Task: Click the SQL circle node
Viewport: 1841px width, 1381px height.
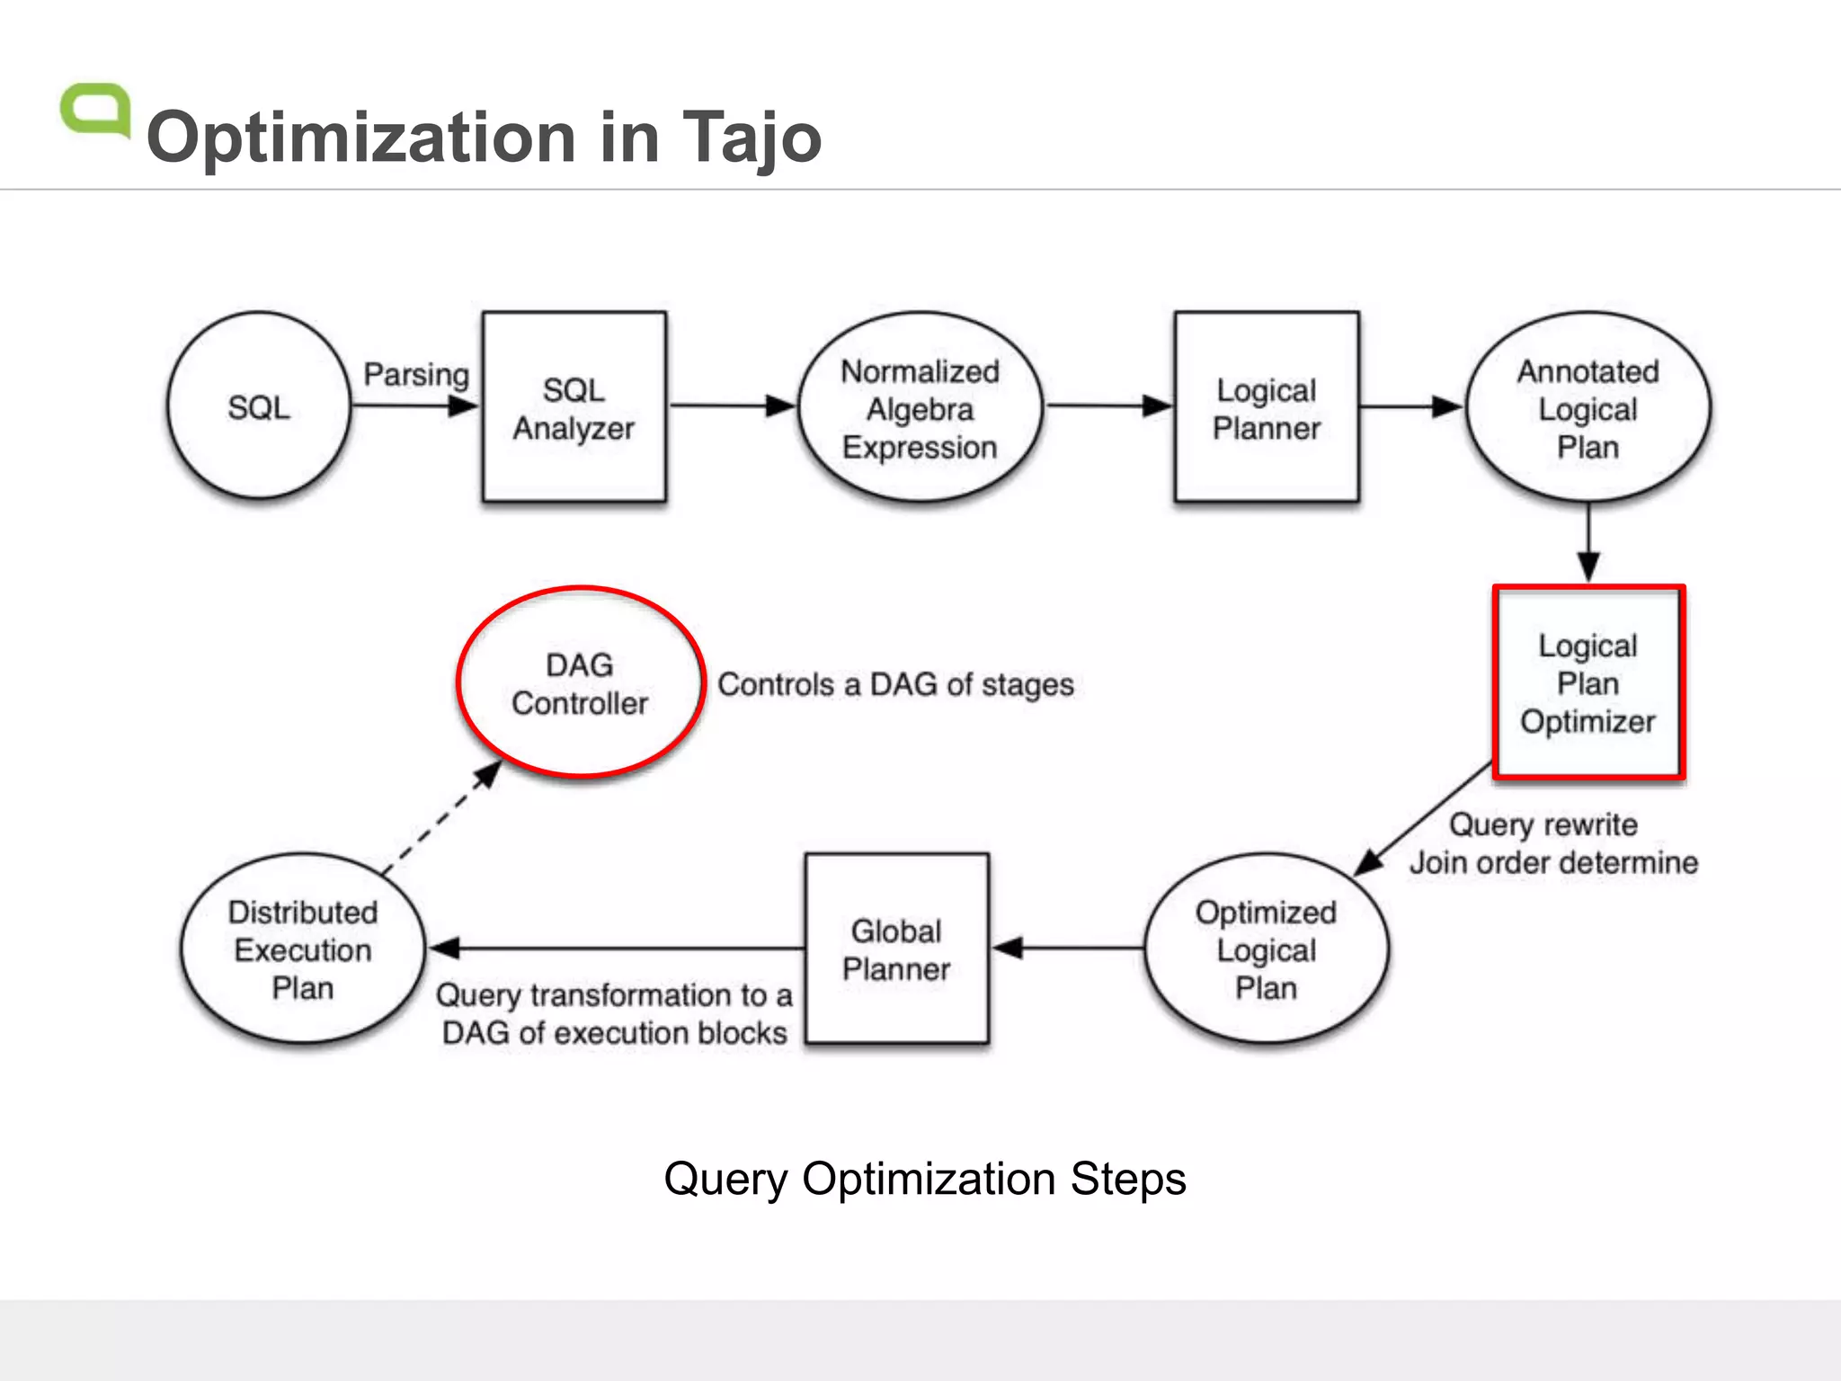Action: click(x=259, y=406)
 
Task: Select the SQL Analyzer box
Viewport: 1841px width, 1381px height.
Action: click(x=574, y=407)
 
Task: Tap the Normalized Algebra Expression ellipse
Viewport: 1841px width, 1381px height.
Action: click(x=920, y=408)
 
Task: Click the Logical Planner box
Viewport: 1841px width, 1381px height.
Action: click(x=1266, y=407)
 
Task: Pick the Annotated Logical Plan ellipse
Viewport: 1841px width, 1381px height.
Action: click(x=1588, y=408)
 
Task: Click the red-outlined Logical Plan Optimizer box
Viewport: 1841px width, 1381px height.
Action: click(x=1588, y=683)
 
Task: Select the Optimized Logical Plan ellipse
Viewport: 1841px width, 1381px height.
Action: click(x=1266, y=949)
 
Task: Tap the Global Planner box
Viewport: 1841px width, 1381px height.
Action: click(x=896, y=949)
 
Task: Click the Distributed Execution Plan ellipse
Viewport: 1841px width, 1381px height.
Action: click(x=303, y=949)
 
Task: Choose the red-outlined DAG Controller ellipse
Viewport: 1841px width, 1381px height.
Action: click(x=580, y=683)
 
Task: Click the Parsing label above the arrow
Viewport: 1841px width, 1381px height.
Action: click(x=415, y=374)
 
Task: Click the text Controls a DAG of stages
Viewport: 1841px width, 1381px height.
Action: click(x=895, y=685)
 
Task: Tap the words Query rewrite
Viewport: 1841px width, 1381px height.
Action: click(x=1543, y=824)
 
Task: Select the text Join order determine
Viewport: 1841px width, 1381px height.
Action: click(x=1553, y=863)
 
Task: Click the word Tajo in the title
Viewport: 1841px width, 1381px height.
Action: click(x=752, y=138)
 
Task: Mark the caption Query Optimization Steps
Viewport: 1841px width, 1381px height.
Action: click(x=924, y=1179)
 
